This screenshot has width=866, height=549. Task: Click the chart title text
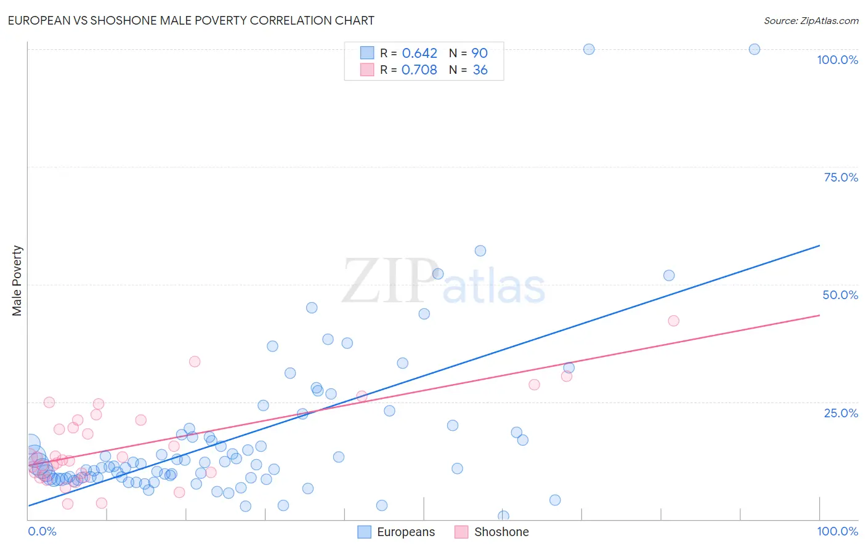point(191,20)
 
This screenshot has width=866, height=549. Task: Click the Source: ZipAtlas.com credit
point(811,20)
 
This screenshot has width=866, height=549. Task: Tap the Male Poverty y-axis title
point(17,281)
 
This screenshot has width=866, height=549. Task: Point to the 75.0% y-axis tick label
point(841,177)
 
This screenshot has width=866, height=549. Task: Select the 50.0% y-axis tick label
point(840,295)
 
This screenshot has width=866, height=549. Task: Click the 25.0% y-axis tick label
point(841,413)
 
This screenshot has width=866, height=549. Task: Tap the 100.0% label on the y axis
point(837,60)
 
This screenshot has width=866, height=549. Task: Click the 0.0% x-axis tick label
point(42,531)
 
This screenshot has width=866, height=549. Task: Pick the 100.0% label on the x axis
point(837,531)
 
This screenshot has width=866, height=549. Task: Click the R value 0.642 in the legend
point(419,54)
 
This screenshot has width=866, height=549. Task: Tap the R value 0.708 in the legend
point(419,70)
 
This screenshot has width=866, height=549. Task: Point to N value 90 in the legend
point(480,54)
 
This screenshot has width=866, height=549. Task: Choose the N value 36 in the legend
point(480,70)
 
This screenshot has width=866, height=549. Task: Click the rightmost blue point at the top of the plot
point(755,49)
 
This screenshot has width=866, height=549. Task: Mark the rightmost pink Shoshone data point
point(674,321)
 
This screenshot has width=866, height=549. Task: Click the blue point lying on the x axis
point(503,516)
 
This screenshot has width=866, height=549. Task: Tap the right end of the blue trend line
point(819,246)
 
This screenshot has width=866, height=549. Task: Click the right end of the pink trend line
point(819,315)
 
